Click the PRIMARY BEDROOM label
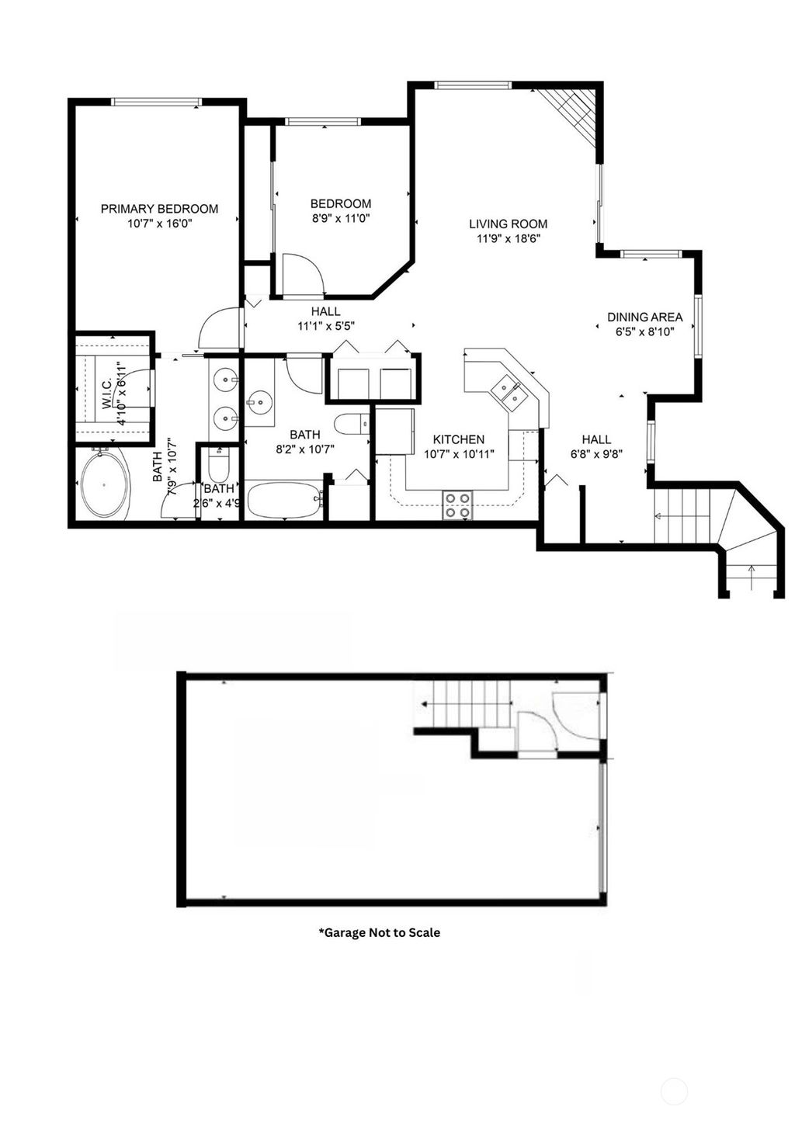click(159, 209)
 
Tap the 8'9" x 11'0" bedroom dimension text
click(341, 219)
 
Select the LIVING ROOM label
click(508, 224)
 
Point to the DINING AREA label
click(644, 317)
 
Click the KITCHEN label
click(458, 439)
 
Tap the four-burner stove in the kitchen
click(458, 505)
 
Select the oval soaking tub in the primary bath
click(105, 485)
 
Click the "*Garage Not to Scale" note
click(379, 932)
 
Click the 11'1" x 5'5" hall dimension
click(326, 326)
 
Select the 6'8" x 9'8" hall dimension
click(596, 454)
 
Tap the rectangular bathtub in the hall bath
click(283, 501)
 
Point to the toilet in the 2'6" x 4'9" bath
click(218, 466)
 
